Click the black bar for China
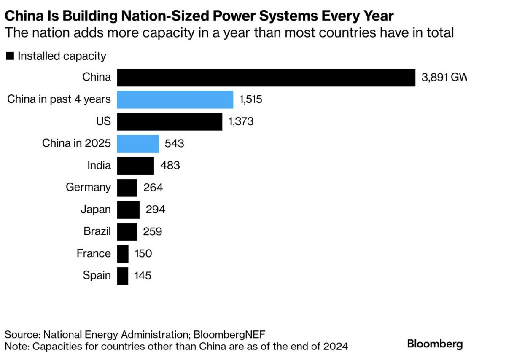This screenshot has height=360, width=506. coord(266,78)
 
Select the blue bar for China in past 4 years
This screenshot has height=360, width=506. coord(175,99)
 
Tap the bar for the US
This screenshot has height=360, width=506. coord(170,121)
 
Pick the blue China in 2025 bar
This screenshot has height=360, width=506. coord(138,143)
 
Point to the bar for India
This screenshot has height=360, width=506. coord(135,165)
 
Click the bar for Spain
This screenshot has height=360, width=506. coord(123,276)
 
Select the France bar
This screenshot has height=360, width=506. coord(123,254)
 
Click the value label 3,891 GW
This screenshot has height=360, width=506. coord(444,78)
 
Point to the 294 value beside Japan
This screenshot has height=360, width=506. coord(155,210)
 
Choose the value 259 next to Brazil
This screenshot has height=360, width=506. coord(152,231)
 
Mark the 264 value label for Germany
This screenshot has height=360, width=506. coord(153,187)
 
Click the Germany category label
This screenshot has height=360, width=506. coord(89,187)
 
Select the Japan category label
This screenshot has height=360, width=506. coord(96,210)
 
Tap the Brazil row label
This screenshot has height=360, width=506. coord(97,231)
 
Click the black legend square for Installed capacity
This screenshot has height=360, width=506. coord(10,56)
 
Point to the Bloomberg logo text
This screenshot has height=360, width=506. coord(435,343)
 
